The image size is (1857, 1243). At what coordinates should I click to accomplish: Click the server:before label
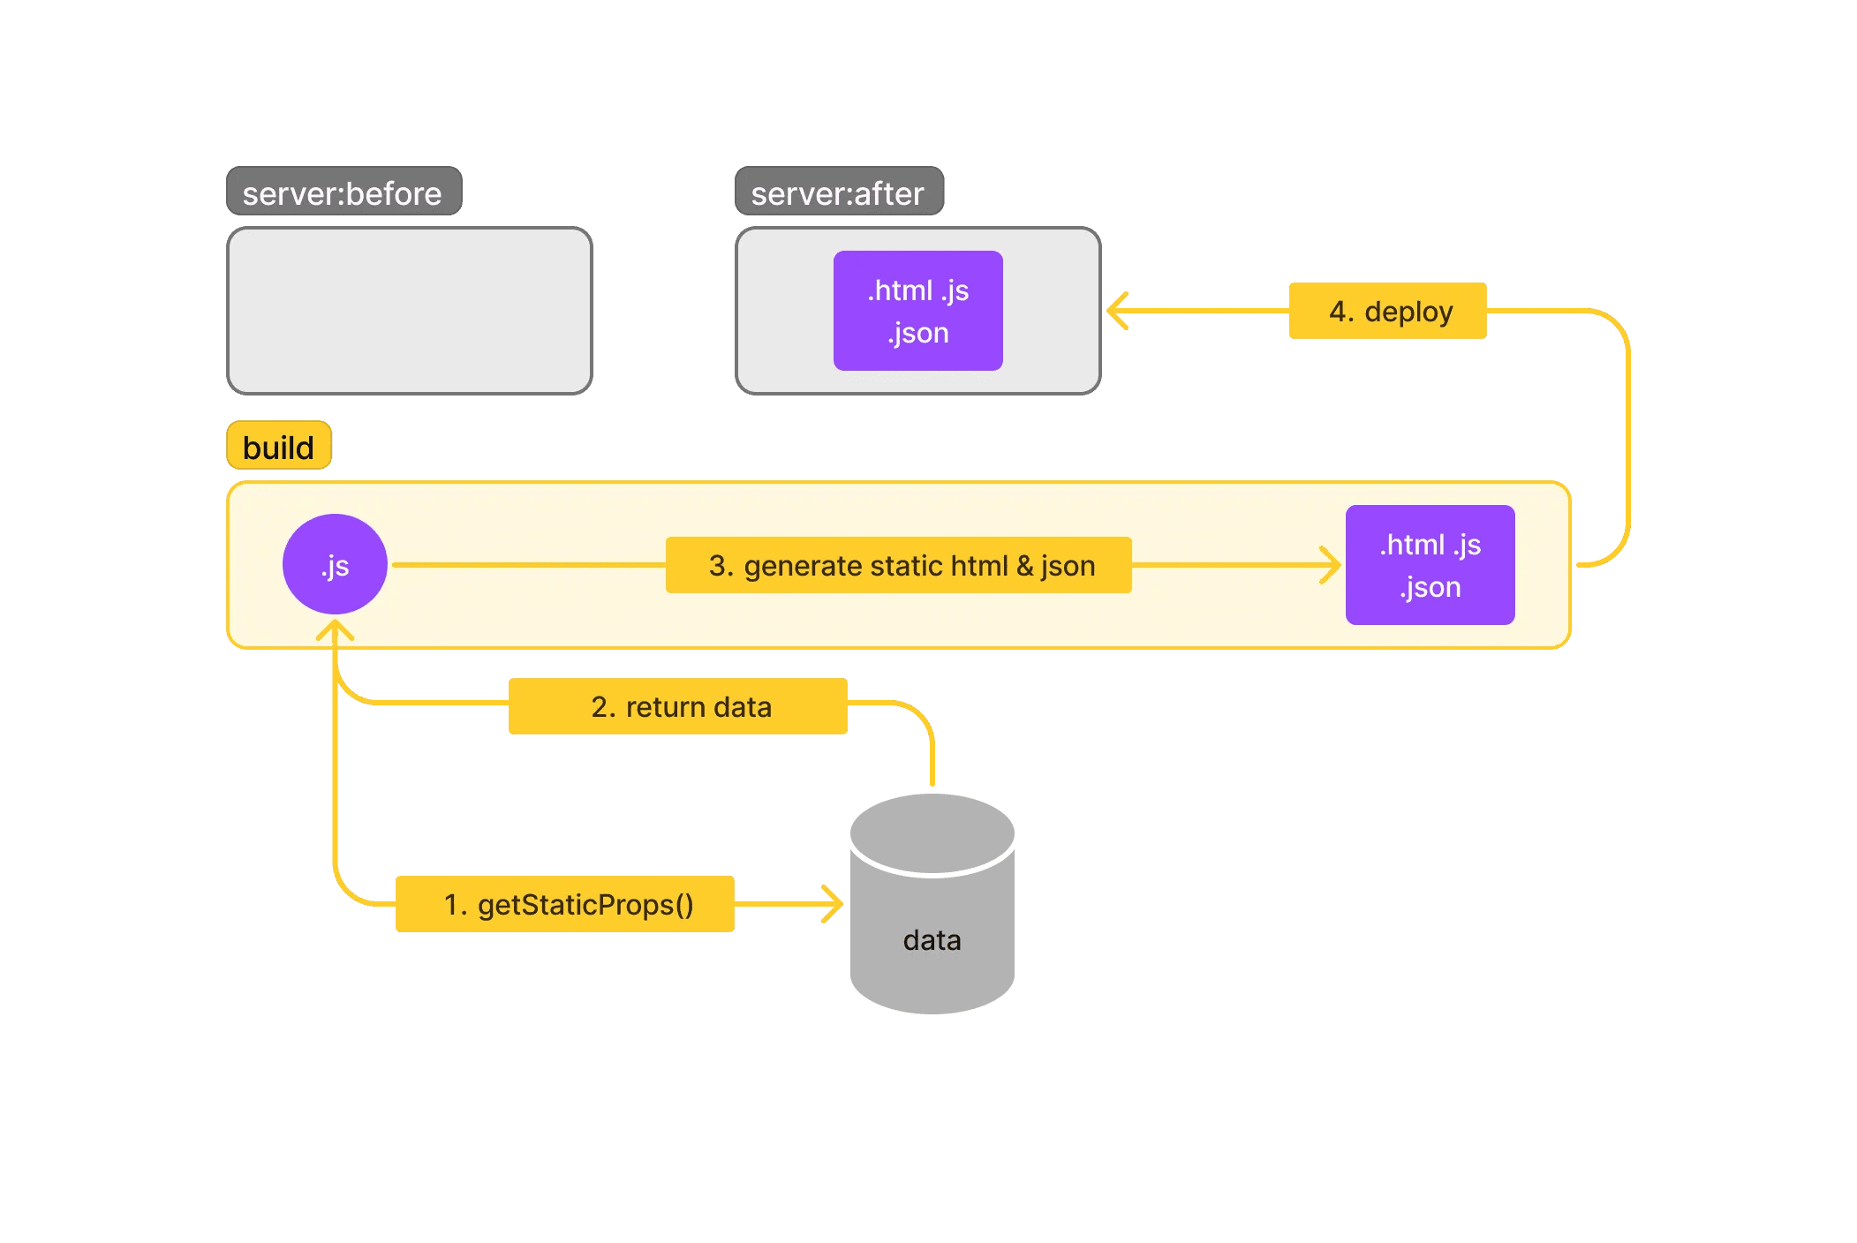(x=343, y=192)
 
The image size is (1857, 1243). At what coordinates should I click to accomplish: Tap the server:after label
(x=839, y=192)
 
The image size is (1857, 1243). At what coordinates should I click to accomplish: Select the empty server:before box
(x=409, y=311)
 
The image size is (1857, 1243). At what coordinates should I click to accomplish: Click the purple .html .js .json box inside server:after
(x=917, y=311)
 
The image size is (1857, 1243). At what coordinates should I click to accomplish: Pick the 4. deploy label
(x=1387, y=311)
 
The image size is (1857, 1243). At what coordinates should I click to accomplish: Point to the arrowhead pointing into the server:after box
(x=1117, y=311)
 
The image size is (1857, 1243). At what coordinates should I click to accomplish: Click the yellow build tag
(x=279, y=447)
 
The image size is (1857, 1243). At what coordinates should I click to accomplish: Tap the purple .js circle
(x=335, y=564)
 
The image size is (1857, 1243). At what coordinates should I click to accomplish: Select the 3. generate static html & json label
(x=898, y=565)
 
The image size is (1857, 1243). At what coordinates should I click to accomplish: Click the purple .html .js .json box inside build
(x=1430, y=565)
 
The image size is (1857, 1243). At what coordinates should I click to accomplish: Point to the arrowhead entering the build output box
(x=1332, y=565)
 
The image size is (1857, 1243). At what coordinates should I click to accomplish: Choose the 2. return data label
(x=677, y=706)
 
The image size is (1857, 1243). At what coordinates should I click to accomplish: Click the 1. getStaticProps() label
(x=565, y=904)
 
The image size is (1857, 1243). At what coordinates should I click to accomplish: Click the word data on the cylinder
(x=932, y=940)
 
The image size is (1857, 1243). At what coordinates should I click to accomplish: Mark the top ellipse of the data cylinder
(x=932, y=833)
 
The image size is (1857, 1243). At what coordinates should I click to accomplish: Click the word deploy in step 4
(x=1408, y=312)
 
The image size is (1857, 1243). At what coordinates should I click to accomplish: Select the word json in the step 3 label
(x=1068, y=566)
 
